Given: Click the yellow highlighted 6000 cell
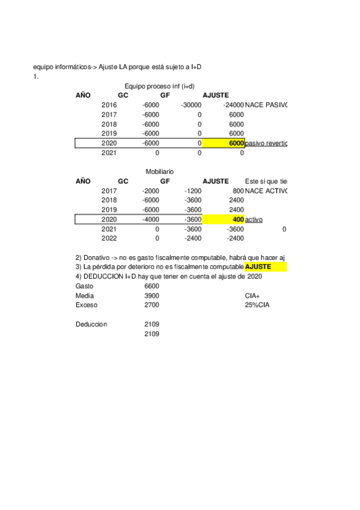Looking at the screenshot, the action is pos(224,143).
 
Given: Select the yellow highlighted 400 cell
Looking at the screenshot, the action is pos(224,220).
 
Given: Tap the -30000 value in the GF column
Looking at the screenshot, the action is pos(191,105).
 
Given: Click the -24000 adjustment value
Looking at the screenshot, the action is pos(233,105).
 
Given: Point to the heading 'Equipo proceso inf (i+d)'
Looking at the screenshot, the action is pos(160,86).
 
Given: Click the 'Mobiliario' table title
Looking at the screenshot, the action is pos(159,172).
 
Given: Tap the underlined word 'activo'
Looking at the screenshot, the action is pos(254,220).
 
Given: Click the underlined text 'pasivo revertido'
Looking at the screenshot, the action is pos(266,144).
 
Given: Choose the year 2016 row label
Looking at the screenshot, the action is pos(109,105).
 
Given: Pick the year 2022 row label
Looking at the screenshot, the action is pos(109,239).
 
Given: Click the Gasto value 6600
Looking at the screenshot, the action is pos(151,286).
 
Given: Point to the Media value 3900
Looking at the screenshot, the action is pos(151,296).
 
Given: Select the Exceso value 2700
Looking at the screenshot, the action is pos(151,305).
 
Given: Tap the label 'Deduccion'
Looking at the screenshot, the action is pos(91,324).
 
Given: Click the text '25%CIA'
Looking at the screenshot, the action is pos(257,305).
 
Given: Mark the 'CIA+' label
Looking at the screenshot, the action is pos(252,296).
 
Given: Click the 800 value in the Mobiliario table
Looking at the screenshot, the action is pos(238,191).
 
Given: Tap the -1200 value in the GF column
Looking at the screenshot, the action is pos(192,191).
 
